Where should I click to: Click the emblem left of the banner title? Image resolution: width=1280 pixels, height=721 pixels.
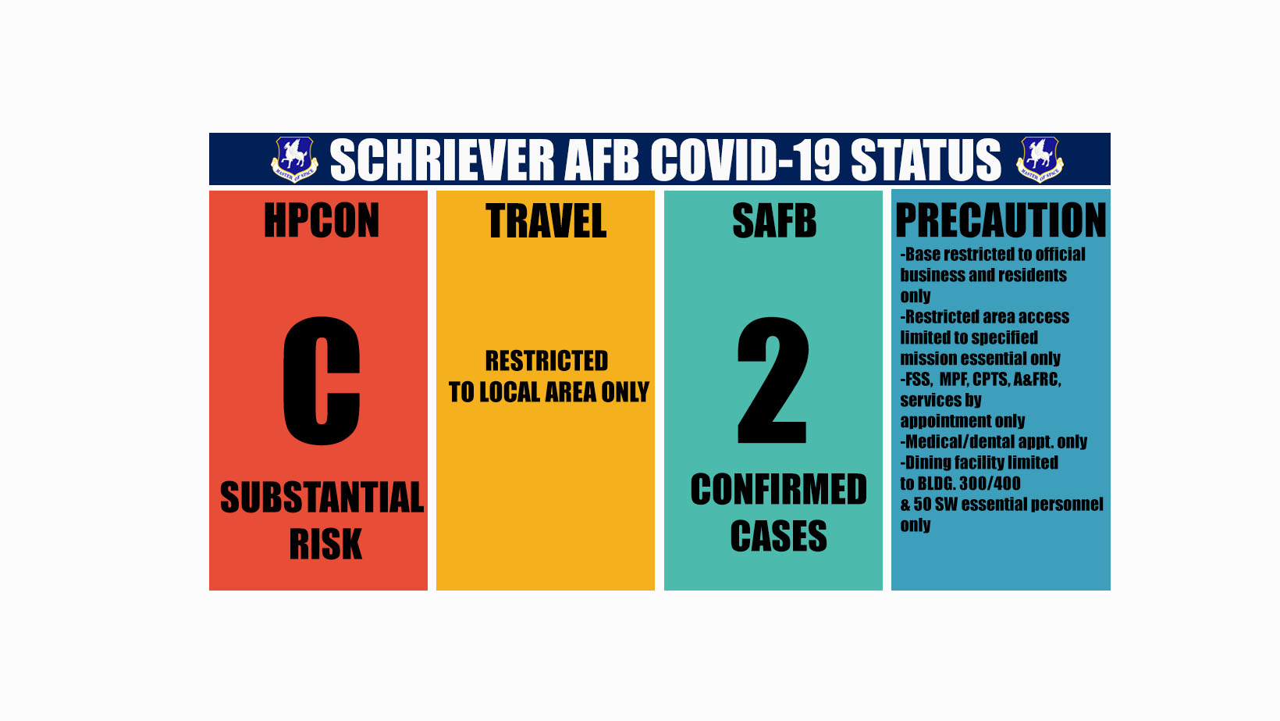[294, 159]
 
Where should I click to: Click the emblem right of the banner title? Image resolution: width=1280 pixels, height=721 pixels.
[1039, 159]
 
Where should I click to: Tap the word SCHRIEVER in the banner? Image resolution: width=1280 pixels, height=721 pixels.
[442, 160]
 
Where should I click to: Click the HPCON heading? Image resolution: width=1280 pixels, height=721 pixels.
[322, 221]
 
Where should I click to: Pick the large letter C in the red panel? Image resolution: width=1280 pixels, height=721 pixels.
[322, 381]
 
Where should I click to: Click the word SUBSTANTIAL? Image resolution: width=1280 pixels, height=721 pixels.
[322, 498]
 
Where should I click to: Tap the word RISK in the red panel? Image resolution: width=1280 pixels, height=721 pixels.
[325, 544]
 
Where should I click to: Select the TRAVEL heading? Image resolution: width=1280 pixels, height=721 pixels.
[546, 221]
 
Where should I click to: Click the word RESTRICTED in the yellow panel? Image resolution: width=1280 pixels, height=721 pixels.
[546, 361]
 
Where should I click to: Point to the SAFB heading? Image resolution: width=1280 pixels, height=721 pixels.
[774, 221]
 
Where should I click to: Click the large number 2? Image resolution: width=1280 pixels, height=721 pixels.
[772, 381]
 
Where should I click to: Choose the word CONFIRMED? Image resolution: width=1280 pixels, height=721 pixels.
[778, 490]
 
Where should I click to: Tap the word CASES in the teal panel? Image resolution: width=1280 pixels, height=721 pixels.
[778, 537]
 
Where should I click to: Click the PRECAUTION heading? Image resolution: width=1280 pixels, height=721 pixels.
[1001, 220]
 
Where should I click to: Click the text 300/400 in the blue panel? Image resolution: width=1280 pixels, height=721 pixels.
[989, 484]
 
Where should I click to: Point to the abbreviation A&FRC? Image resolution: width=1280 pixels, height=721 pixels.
[1036, 380]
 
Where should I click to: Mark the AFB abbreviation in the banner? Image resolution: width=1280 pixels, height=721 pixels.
[601, 160]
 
